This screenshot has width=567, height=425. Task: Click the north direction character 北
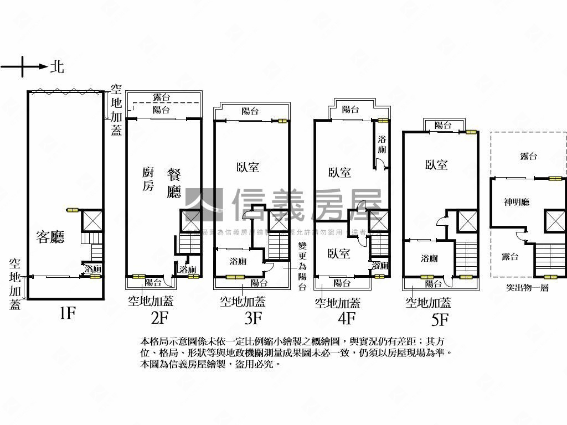pyautogui.click(x=57, y=67)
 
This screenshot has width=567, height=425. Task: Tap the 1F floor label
pyautogui.click(x=66, y=314)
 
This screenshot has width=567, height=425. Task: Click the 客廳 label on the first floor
pyautogui.click(x=50, y=237)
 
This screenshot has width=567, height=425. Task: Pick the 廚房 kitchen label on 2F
pyautogui.click(x=148, y=179)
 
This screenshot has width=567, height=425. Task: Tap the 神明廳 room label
pyautogui.click(x=516, y=202)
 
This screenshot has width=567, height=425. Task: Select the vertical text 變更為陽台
pyautogui.click(x=302, y=266)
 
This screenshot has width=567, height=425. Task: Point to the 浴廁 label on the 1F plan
pyautogui.click(x=92, y=269)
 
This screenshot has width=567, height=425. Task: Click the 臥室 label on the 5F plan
pyautogui.click(x=436, y=164)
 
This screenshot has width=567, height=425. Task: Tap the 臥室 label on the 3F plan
pyautogui.click(x=248, y=167)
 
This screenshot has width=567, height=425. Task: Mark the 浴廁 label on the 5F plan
pyautogui.click(x=429, y=258)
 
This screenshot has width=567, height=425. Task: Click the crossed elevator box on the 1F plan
pyautogui.click(x=91, y=221)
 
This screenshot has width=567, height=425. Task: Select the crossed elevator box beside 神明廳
pyautogui.click(x=555, y=221)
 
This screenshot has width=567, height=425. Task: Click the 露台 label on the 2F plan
pyautogui.click(x=161, y=97)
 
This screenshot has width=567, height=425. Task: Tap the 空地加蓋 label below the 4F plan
pyautogui.click(x=337, y=303)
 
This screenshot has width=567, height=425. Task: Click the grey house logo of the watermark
pyautogui.click(x=203, y=205)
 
